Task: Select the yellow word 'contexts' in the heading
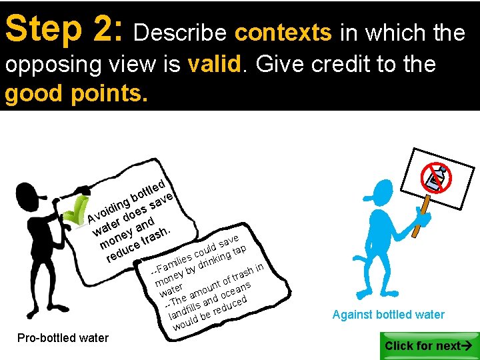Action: click(x=283, y=33)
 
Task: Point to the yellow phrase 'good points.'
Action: click(x=75, y=94)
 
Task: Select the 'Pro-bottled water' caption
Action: click(x=63, y=338)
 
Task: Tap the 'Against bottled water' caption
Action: click(x=388, y=315)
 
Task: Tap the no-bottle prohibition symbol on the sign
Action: click(x=437, y=176)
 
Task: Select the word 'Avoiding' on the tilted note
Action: click(x=107, y=207)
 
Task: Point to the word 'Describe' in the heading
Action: click(x=181, y=33)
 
